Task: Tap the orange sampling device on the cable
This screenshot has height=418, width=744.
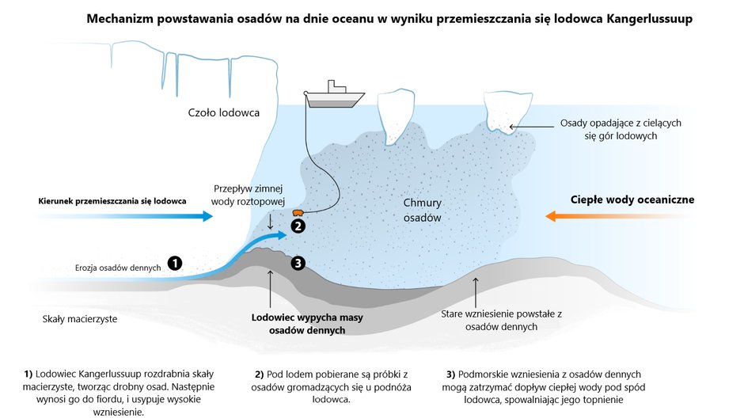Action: [x=298, y=213]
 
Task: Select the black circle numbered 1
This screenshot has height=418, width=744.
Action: [x=175, y=264]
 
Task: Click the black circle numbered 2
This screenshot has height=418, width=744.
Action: [x=298, y=226]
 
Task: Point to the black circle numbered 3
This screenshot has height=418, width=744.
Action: [x=298, y=264]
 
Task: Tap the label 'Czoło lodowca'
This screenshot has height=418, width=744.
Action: [x=224, y=112]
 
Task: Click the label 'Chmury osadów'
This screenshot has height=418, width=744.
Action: [x=421, y=209]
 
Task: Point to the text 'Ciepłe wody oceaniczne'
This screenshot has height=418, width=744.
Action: [x=632, y=199]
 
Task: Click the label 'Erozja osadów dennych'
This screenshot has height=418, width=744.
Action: [x=118, y=268]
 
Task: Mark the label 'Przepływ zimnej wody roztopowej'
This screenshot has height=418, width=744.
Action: [x=248, y=195]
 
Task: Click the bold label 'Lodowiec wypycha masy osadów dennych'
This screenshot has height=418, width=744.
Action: [x=297, y=323]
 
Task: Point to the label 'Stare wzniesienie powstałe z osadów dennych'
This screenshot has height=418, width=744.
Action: [x=500, y=320]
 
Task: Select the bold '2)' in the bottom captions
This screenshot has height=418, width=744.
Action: [x=259, y=374]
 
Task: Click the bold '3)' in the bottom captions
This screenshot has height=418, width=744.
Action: [x=451, y=374]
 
